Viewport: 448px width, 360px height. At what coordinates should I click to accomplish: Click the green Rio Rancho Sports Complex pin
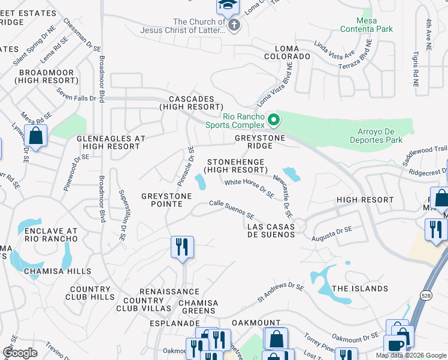coord(274,120)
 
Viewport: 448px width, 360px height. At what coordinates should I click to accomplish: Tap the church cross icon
coord(234,25)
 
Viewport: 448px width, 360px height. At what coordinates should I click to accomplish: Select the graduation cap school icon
coord(228,6)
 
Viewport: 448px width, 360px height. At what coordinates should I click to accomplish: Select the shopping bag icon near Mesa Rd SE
coord(36,136)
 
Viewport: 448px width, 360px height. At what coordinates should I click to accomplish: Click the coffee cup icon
coord(395,346)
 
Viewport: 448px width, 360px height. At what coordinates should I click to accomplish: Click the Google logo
coord(20,352)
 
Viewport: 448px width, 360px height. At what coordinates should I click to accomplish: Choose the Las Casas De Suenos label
coord(271,230)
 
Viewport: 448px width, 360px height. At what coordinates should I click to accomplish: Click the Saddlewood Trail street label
coord(425,155)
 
